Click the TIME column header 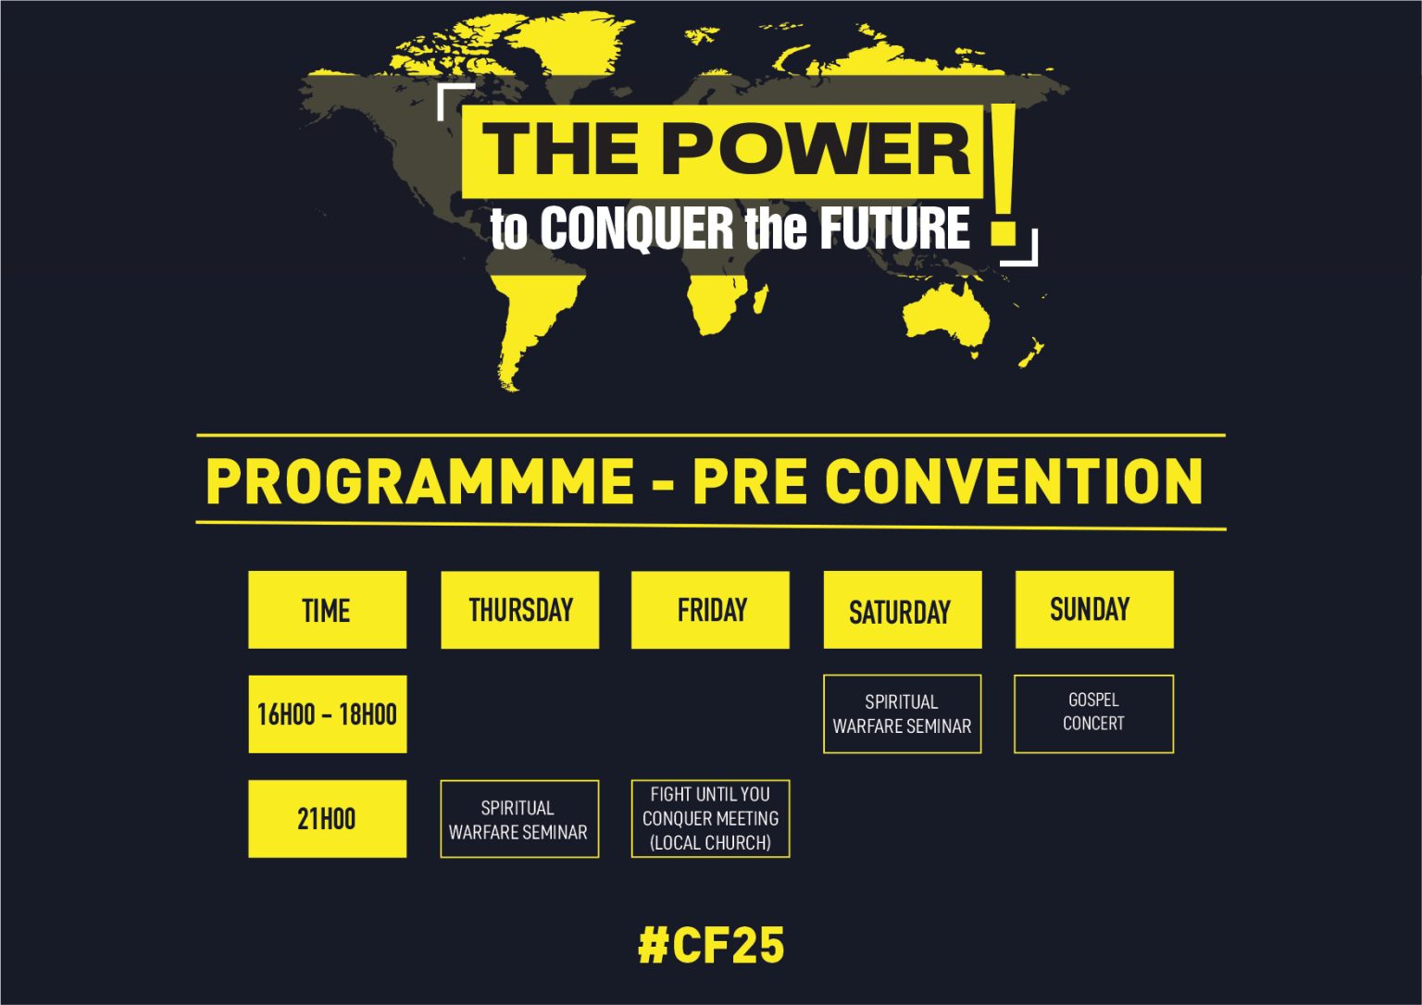pyautogui.click(x=327, y=610)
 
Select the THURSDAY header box pyautogui.click(x=520, y=610)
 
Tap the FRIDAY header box pyautogui.click(x=710, y=610)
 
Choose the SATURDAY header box pyautogui.click(x=903, y=610)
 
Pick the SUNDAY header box pyautogui.click(x=1094, y=610)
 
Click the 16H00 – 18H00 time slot pyautogui.click(x=328, y=714)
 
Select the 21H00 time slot pyautogui.click(x=328, y=818)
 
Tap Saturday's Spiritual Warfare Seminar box pyautogui.click(x=902, y=713)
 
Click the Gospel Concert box pyautogui.click(x=1093, y=713)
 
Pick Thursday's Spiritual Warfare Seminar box pyautogui.click(x=519, y=818)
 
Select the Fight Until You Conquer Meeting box pyautogui.click(x=710, y=818)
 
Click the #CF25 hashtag pyautogui.click(x=711, y=946)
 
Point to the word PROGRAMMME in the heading pyautogui.click(x=420, y=481)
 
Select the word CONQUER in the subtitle pyautogui.click(x=637, y=228)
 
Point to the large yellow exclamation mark pyautogui.click(x=1004, y=175)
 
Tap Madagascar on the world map pyautogui.click(x=760, y=299)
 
